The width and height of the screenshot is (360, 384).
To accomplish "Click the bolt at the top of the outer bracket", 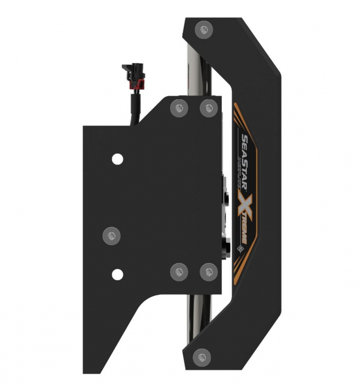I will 204,29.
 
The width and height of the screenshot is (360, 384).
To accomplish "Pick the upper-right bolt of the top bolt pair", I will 207,107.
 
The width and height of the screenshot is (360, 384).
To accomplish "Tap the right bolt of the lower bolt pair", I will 207,270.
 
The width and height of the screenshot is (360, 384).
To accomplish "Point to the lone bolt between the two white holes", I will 111,235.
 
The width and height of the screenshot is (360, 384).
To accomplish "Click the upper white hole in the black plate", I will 117,160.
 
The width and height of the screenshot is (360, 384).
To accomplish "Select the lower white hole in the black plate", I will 117,273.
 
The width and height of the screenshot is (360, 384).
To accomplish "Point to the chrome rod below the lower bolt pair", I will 199,313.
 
